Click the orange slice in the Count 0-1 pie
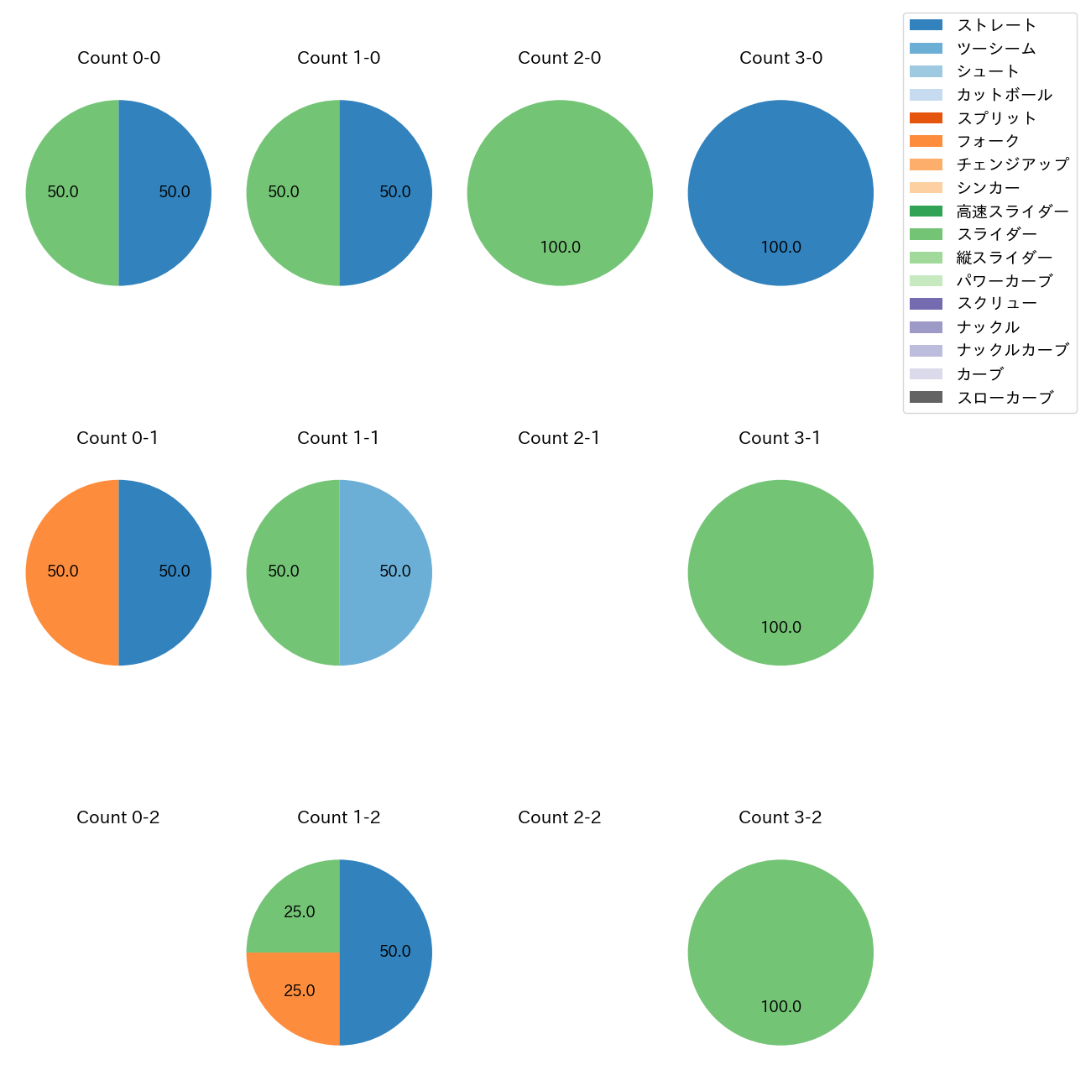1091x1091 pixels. pos(72,572)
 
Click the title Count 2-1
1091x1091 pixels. pos(559,438)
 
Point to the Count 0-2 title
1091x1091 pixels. pos(118,817)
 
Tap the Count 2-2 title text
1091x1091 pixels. pos(559,817)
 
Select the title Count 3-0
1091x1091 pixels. pos(780,58)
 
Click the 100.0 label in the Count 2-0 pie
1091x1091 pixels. pos(560,248)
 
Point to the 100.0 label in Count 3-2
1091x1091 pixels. pos(780,1007)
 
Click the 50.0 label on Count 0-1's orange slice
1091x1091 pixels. pos(63,572)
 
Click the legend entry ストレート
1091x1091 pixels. pos(996,25)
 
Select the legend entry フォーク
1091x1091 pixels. pos(988,141)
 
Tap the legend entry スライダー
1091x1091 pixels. pos(996,234)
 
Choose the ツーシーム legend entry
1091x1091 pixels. pos(996,49)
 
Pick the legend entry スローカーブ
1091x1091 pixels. pos(1005,398)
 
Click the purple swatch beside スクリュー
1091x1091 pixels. pos(926,304)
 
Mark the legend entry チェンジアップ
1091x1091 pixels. pos(1012,164)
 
